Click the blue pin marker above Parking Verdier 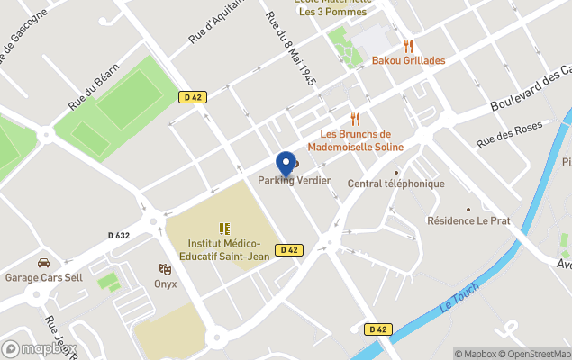[286, 163]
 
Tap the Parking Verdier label [295, 181]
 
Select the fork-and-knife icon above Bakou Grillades [408, 46]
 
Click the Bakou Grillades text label [408, 60]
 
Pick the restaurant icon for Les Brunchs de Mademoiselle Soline [355, 119]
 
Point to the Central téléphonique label [396, 184]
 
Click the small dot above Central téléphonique [396, 171]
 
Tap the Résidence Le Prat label [468, 220]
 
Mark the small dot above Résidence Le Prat [468, 208]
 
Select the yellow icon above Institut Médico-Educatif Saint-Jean [224, 229]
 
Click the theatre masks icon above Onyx [165, 269]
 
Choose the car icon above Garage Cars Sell [43, 263]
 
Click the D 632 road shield [119, 235]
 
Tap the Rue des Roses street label [510, 133]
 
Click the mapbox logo [40, 348]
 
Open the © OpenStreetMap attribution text [535, 354]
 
